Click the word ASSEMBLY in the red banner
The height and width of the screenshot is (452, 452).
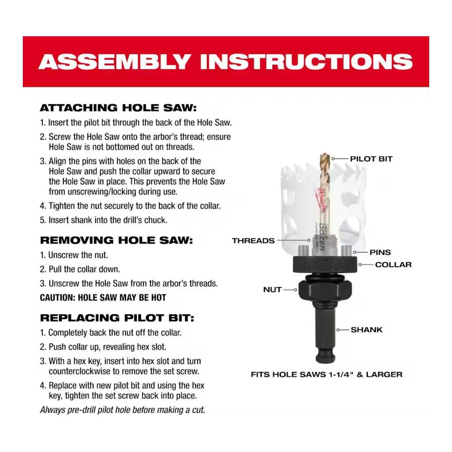(114, 62)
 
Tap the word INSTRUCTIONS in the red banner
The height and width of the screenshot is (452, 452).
(307, 62)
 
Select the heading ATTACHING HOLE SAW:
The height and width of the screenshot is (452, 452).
(118, 108)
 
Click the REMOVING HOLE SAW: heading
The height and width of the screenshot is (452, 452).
(116, 240)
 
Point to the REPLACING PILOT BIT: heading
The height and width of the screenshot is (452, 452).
(117, 318)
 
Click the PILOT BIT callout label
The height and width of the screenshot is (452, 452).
(371, 159)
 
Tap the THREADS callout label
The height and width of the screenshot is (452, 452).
(253, 241)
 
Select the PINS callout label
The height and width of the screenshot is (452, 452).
(380, 252)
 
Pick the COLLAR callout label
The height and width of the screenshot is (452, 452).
(393, 264)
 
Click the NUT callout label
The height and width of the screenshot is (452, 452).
(272, 290)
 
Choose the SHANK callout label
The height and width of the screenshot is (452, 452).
(367, 330)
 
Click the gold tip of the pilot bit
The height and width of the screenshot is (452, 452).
(325, 158)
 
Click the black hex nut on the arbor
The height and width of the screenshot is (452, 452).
(325, 290)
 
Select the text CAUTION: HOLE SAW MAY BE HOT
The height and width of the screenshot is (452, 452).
(103, 298)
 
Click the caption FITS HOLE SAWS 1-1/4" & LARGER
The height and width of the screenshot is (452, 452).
(327, 374)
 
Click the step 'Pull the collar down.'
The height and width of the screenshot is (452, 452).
(80, 269)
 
